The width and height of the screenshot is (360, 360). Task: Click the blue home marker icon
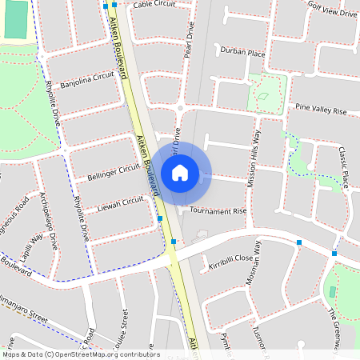point(180,172)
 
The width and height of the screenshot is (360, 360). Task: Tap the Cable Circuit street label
point(154,4)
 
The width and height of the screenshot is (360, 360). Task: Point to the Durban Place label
point(244,53)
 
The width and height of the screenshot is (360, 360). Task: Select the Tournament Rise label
point(218,211)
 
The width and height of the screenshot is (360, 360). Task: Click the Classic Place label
point(344,167)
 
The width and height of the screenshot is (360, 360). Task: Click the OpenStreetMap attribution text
point(81,354)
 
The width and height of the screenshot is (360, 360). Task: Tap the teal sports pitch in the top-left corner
point(15,18)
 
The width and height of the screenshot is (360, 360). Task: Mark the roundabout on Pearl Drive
point(181,108)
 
